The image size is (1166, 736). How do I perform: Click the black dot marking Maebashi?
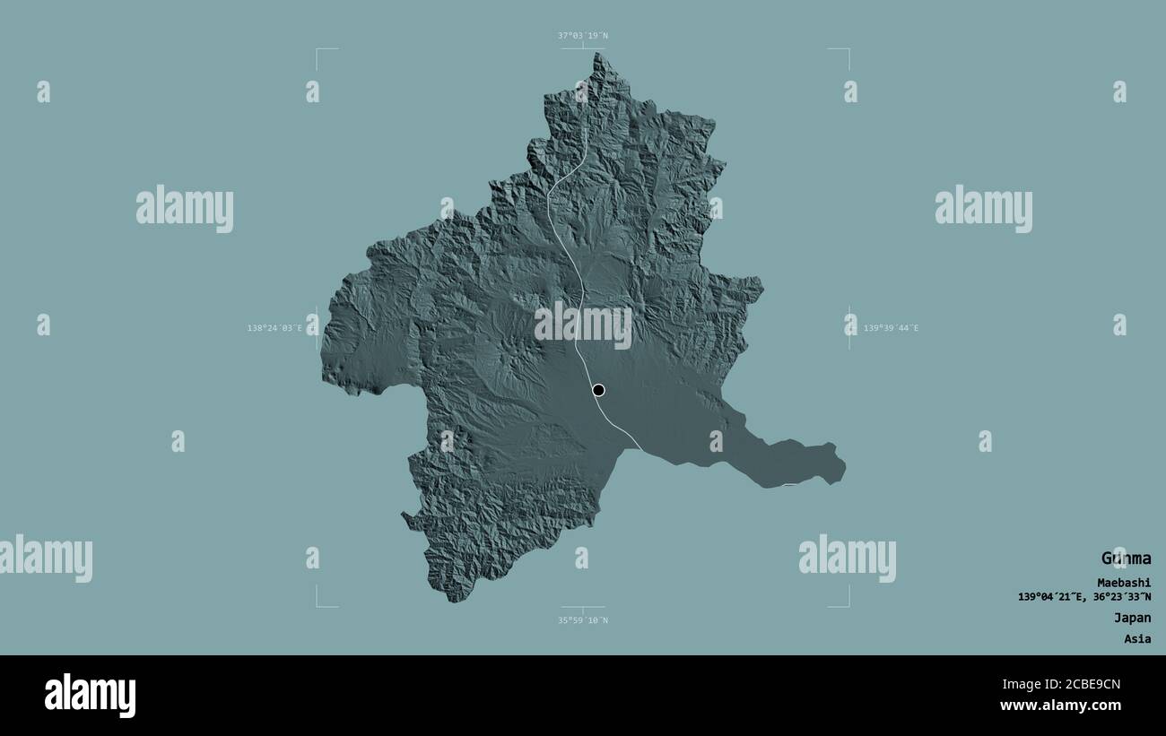click(x=598, y=390)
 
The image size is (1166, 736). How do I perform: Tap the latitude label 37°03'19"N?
click(x=583, y=36)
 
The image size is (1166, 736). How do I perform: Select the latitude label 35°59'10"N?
click(x=583, y=619)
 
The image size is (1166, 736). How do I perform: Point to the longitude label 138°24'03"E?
click(x=281, y=328)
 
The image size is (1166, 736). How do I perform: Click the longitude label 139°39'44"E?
click(x=891, y=328)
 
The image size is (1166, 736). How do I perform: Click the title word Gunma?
click(x=1126, y=558)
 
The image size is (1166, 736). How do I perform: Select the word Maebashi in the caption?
click(x=1123, y=583)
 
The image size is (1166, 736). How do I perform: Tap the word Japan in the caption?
click(x=1132, y=618)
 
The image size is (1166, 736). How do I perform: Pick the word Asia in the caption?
click(x=1136, y=639)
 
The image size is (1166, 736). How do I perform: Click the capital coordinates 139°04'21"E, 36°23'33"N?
click(x=1084, y=597)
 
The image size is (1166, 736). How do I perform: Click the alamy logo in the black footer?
click(x=90, y=696)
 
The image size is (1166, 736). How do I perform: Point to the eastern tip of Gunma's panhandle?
click(x=844, y=465)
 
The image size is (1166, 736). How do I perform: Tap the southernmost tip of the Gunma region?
click(x=457, y=601)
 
